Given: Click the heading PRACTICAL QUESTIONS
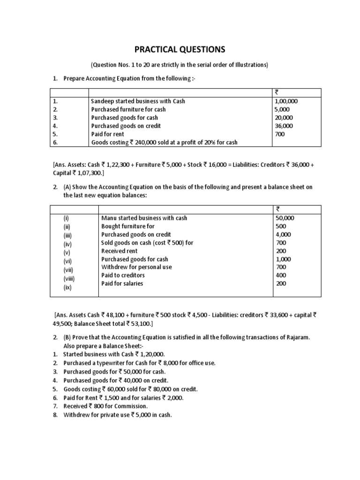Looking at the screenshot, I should tap(180, 49).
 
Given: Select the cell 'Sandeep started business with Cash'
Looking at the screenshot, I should tap(138, 101).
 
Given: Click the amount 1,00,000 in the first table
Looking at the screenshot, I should tap(286, 101).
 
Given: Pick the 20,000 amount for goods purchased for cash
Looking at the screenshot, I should tap(284, 118).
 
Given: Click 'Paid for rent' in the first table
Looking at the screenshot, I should tap(109, 135).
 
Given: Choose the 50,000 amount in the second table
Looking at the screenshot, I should tap(285, 218).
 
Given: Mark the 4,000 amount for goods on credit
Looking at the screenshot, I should tap(284, 234).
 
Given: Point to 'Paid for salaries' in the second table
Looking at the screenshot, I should tap(122, 284).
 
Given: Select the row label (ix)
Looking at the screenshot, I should tap(68, 288).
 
